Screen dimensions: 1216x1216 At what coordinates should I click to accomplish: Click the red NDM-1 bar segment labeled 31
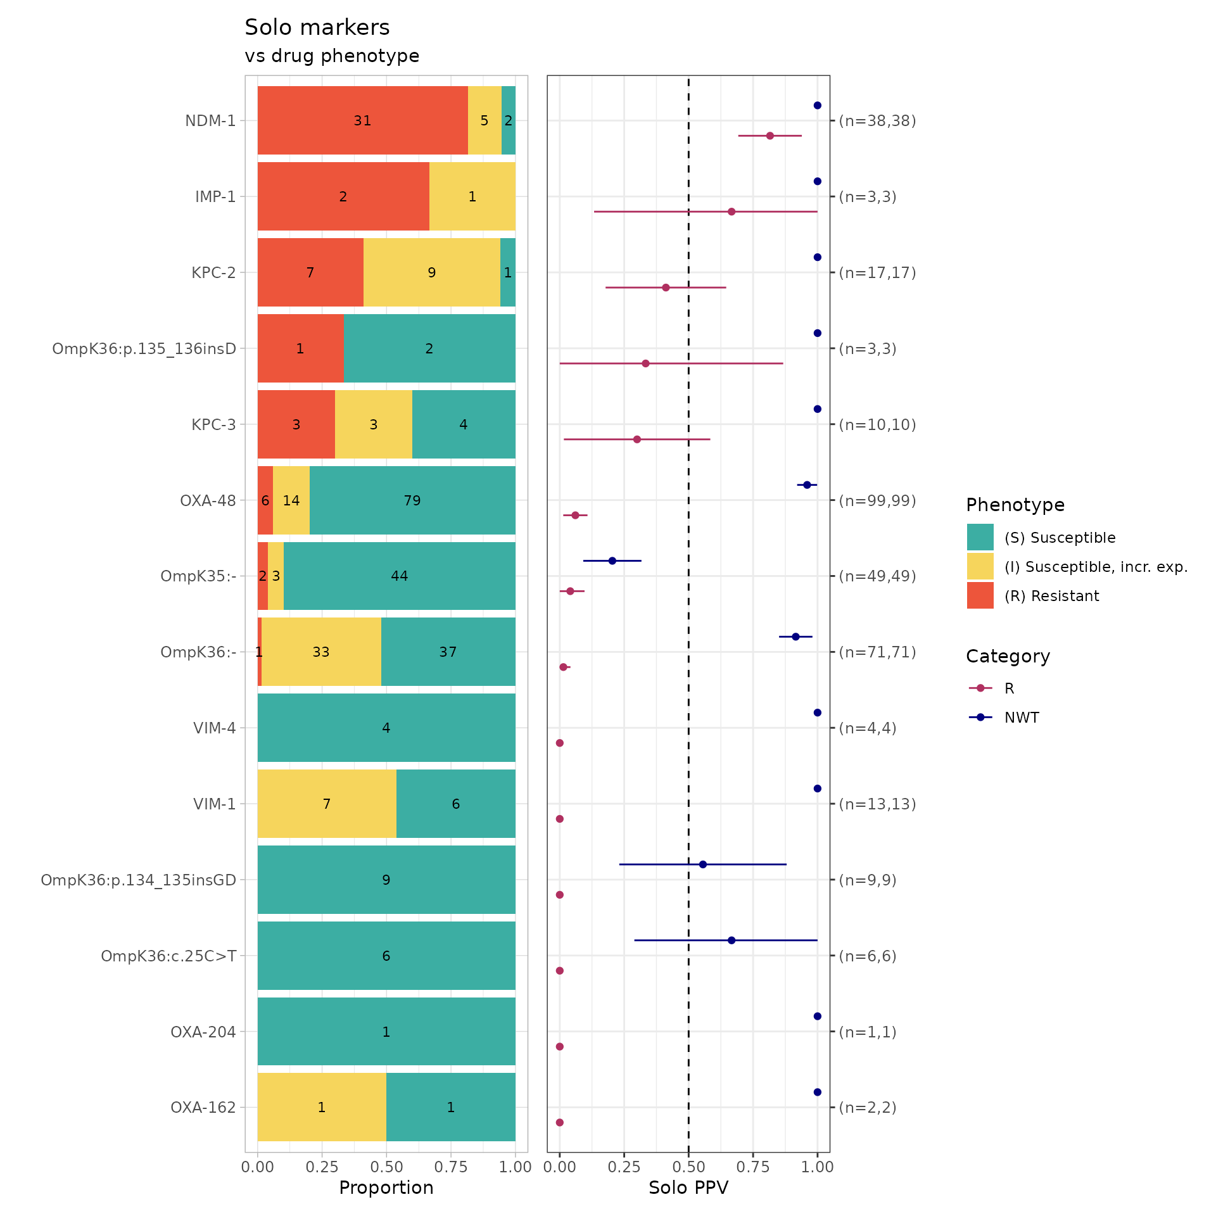coord(362,120)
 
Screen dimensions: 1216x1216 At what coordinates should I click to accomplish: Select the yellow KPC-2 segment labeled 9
coord(431,272)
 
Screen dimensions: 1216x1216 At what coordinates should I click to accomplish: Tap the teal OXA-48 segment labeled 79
coord(412,500)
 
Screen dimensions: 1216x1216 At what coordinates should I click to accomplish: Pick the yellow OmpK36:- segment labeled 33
coord(321,652)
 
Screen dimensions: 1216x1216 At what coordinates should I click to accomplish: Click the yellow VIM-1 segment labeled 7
coord(327,804)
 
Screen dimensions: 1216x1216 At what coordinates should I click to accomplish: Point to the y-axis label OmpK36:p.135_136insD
coord(144,348)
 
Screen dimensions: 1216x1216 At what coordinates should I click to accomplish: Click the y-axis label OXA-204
coord(203,1032)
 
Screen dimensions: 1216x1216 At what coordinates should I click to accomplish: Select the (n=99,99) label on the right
coord(877,500)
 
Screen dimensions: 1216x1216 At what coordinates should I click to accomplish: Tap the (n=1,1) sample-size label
coord(868,1032)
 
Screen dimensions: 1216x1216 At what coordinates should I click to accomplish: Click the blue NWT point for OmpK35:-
coord(612,560)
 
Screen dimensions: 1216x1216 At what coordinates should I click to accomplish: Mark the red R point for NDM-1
coord(770,136)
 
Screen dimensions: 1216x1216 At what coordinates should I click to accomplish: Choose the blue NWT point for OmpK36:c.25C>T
coord(731,940)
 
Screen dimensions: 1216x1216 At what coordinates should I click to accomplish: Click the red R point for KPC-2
coord(666,288)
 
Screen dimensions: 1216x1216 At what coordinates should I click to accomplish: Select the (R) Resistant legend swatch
coord(980,595)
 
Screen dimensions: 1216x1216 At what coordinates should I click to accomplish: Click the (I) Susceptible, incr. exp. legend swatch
coord(980,566)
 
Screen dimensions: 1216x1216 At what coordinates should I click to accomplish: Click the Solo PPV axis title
coord(688,1187)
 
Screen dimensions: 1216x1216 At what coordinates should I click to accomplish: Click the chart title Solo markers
coord(317,27)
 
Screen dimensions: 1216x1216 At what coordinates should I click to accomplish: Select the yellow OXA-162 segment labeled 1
coord(322,1107)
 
